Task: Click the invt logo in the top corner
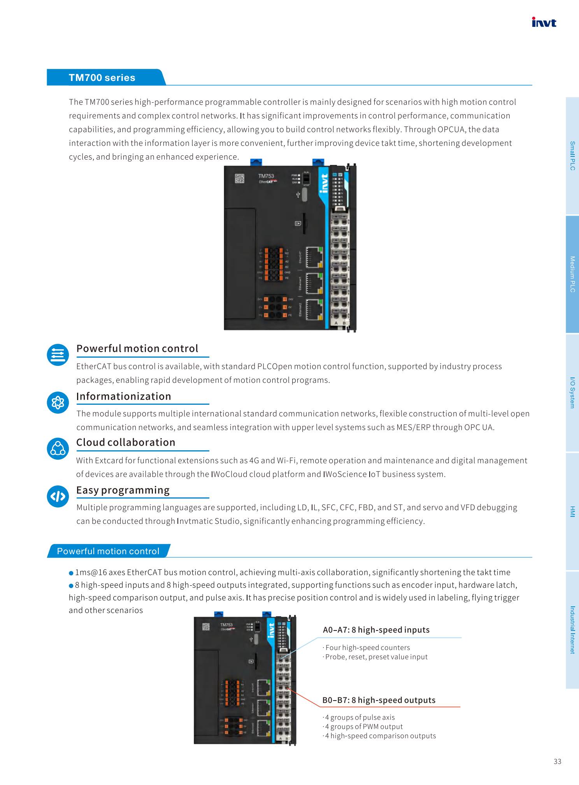[544, 22]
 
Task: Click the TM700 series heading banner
[102, 77]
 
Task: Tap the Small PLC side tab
[572, 156]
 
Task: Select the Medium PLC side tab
[572, 274]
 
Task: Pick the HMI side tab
[572, 511]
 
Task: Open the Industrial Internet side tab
[572, 630]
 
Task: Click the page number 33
[557, 761]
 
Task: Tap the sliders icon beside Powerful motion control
[58, 355]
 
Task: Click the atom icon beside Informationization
[58, 402]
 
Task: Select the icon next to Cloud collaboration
[58, 448]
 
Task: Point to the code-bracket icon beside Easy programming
[58, 496]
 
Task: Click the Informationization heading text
[124, 396]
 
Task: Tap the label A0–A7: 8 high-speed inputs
[376, 630]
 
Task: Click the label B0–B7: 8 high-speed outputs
[379, 700]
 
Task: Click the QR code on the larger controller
[240, 178]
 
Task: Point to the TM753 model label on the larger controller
[266, 176]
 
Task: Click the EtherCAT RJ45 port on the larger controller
[314, 257]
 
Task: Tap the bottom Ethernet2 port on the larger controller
[314, 309]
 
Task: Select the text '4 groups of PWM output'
[363, 726]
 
